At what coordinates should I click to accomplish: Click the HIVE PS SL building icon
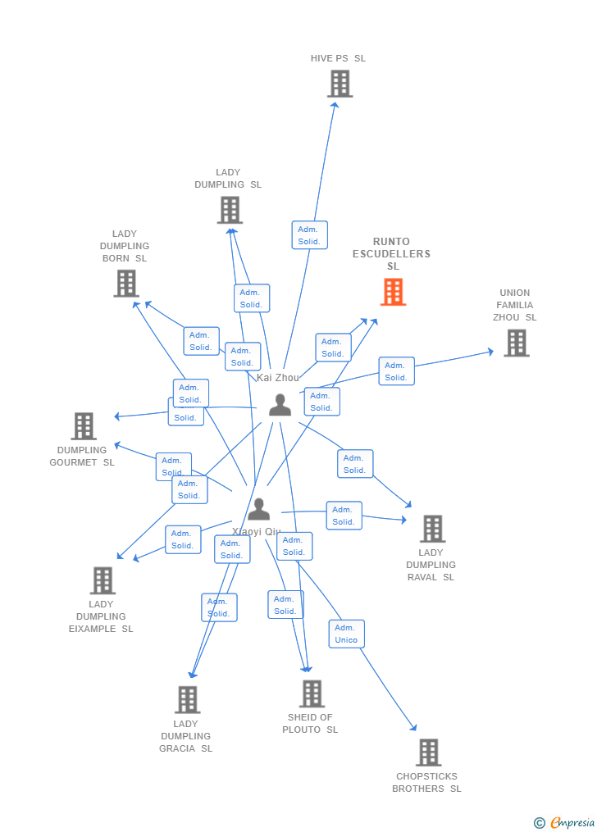tap(340, 84)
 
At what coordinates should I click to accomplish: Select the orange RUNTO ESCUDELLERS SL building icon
tap(393, 292)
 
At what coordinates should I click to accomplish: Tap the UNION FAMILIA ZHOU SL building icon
tap(516, 343)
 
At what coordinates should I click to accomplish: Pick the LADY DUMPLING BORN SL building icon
tap(125, 284)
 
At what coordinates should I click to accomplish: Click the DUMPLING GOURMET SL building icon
tap(84, 426)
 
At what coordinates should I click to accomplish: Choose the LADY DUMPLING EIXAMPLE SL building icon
tap(103, 580)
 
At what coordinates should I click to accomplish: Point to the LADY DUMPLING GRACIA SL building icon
tap(187, 699)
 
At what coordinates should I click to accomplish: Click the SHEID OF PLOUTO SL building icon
tap(312, 693)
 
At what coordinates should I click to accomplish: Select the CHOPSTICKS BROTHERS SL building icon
tap(428, 752)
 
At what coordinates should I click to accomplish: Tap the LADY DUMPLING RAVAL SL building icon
tap(432, 529)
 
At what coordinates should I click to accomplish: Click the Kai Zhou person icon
tap(280, 405)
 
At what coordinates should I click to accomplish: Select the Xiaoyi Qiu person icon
tap(258, 509)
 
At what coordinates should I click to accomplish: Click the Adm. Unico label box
tap(346, 634)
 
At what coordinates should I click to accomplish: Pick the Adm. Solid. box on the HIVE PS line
tap(309, 235)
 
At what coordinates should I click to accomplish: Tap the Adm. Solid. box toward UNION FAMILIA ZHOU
tap(396, 371)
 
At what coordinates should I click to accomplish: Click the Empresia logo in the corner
tap(565, 822)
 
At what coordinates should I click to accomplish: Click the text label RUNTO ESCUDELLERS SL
tap(391, 254)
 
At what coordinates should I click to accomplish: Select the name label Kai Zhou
tap(278, 378)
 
